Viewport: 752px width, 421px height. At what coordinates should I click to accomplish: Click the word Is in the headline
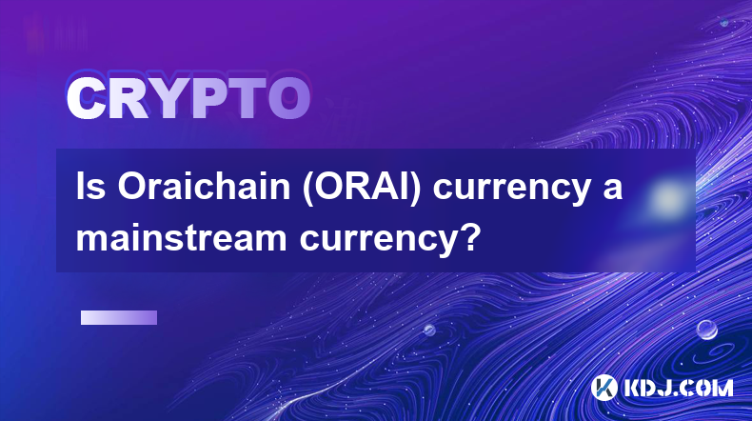tap(90, 187)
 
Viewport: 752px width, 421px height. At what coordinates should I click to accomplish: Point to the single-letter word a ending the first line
tap(612, 190)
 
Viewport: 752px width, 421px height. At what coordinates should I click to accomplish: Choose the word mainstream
tap(181, 237)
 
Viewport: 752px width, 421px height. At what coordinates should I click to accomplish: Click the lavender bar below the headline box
tap(119, 317)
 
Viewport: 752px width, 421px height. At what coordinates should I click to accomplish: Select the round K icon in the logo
tap(604, 388)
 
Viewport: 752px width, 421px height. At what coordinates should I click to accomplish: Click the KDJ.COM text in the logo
tap(678, 388)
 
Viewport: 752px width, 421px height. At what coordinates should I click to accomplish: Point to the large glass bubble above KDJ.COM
tap(707, 330)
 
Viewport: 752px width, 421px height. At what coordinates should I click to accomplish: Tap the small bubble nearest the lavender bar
tap(429, 330)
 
